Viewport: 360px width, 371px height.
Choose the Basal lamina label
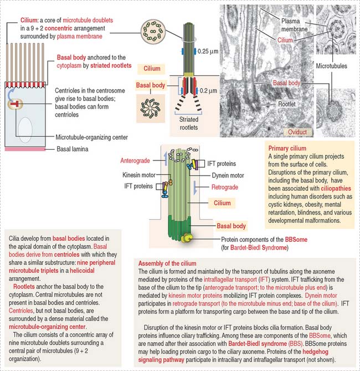pos(74,149)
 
